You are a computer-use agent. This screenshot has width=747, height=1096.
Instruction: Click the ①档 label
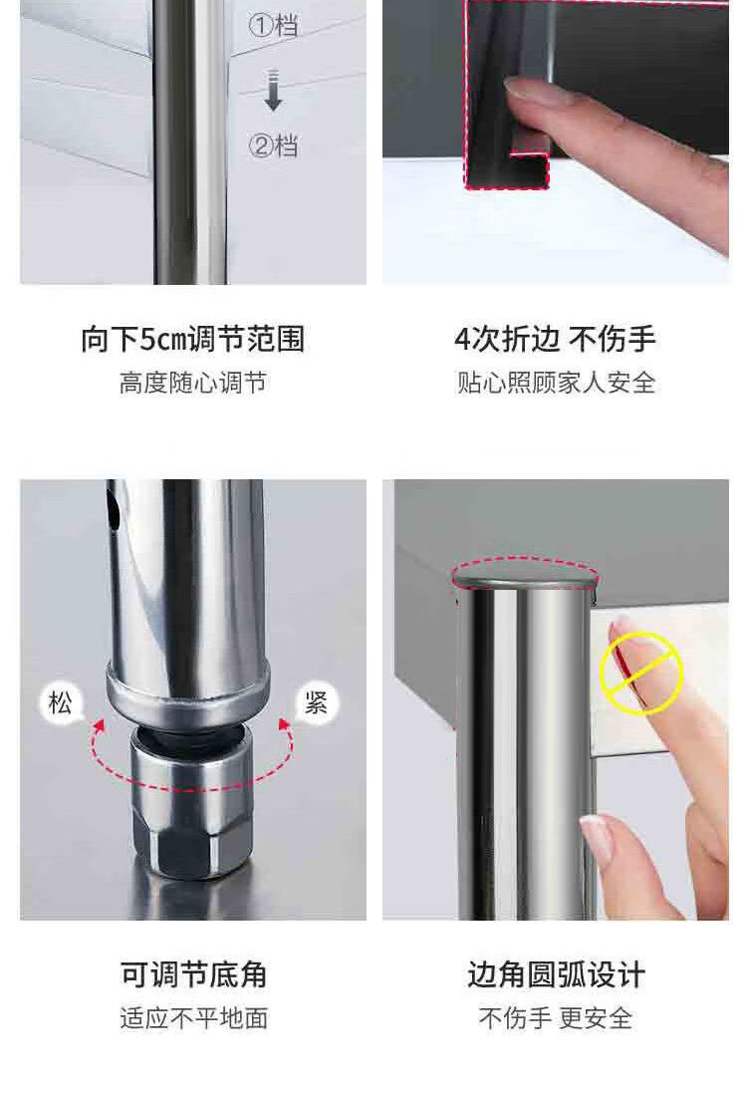click(x=273, y=26)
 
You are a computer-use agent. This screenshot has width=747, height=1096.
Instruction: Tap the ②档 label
click(x=273, y=145)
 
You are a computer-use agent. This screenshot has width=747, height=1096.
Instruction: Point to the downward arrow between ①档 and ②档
click(x=273, y=90)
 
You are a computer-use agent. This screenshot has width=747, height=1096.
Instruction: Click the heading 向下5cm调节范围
click(x=193, y=340)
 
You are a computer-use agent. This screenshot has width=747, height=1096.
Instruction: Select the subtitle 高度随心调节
click(x=193, y=383)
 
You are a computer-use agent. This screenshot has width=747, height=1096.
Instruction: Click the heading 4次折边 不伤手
click(x=555, y=340)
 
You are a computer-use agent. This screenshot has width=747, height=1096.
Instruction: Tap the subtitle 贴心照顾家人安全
click(x=556, y=383)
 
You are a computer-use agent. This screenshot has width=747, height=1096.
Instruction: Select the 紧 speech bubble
click(x=316, y=702)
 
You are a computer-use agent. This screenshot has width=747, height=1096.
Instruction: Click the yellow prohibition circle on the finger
click(x=640, y=673)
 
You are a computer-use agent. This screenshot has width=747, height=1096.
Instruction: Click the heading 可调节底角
click(x=193, y=974)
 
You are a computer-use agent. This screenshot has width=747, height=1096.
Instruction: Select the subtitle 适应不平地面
click(x=193, y=1017)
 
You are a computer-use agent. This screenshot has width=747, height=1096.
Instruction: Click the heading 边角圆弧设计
click(x=556, y=974)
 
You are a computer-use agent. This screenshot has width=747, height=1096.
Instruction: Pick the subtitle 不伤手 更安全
click(x=556, y=1017)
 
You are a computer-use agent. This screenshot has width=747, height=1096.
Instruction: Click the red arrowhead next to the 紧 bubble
click(x=284, y=724)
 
